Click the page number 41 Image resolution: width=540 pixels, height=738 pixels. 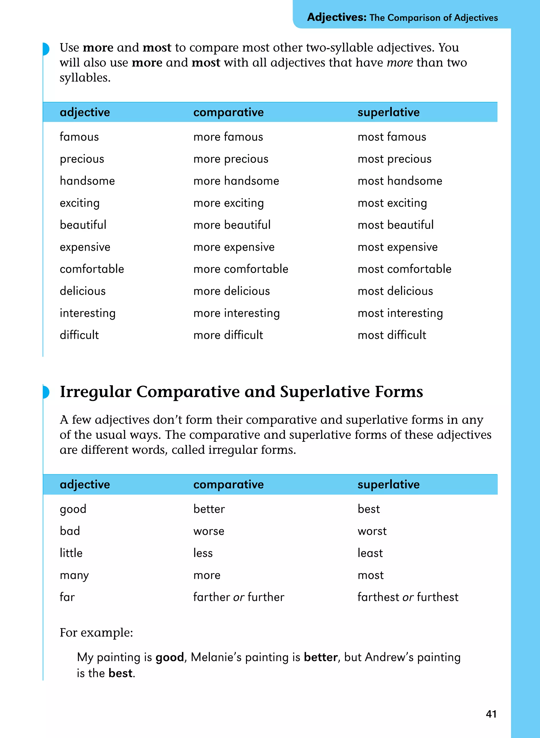(x=491, y=714)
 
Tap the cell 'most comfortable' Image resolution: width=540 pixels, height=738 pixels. (x=404, y=269)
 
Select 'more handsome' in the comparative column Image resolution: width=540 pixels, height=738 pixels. (x=236, y=181)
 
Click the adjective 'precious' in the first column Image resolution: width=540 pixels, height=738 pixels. (x=82, y=159)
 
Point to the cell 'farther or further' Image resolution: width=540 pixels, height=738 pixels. (x=239, y=597)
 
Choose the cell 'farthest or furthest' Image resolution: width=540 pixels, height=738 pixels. (x=408, y=597)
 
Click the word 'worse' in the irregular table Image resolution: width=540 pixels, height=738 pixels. (x=209, y=531)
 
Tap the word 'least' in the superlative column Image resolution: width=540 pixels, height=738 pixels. (x=370, y=553)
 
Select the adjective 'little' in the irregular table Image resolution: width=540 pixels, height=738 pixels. (x=71, y=553)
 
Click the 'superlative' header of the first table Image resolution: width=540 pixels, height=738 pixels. (x=388, y=112)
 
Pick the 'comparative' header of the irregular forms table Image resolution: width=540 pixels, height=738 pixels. (x=228, y=485)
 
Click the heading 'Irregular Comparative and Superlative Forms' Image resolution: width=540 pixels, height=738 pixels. (x=241, y=392)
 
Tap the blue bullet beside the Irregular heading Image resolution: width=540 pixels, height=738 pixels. (x=46, y=392)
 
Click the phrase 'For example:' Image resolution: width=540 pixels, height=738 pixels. (x=96, y=633)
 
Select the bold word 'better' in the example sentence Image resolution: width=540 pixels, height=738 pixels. (x=320, y=657)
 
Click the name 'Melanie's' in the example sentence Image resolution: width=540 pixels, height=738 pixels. (x=216, y=657)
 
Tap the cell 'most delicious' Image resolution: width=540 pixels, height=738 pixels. (x=395, y=291)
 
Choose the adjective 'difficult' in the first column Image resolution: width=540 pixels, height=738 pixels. (x=79, y=335)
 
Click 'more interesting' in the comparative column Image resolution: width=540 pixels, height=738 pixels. (x=236, y=313)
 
